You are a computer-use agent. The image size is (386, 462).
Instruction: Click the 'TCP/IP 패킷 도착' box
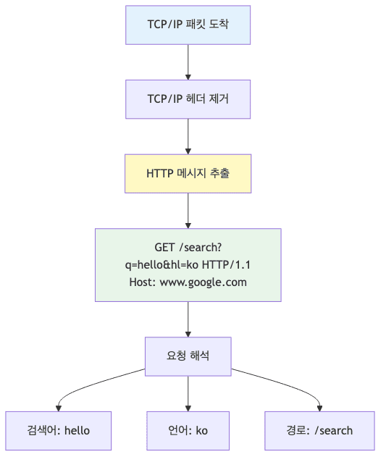(x=188, y=25)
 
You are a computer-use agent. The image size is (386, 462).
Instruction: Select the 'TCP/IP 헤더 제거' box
(x=188, y=99)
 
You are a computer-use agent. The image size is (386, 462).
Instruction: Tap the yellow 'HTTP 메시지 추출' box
(x=188, y=173)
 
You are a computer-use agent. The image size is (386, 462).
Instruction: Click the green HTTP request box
(x=188, y=264)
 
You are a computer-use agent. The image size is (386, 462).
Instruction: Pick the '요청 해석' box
(x=188, y=356)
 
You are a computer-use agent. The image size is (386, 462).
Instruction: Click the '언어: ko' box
(x=188, y=430)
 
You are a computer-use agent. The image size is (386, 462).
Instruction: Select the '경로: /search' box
(x=319, y=430)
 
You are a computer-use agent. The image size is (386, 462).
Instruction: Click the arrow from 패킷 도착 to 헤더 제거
(x=188, y=62)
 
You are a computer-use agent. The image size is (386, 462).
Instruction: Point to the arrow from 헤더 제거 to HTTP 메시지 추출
(x=188, y=136)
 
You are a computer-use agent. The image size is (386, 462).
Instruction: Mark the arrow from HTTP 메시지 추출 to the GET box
(x=188, y=210)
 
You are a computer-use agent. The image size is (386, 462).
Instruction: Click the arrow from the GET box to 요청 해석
(x=188, y=319)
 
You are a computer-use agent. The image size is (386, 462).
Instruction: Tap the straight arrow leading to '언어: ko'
(x=188, y=393)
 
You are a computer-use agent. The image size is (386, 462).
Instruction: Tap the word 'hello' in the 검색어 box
(x=77, y=430)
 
